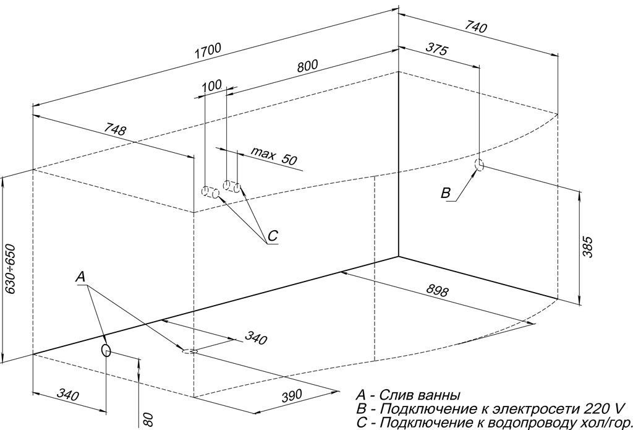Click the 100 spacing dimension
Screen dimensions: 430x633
211,86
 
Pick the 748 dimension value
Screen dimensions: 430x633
115,131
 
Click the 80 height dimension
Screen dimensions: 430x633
147,419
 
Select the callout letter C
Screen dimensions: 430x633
273,236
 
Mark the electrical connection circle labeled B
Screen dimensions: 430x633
479,165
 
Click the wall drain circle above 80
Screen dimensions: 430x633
106,351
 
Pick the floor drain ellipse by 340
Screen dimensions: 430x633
189,351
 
